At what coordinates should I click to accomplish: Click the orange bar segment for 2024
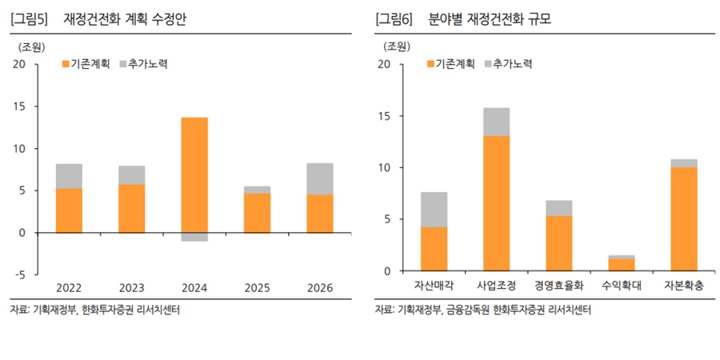194,174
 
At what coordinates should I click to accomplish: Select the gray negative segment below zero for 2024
194,237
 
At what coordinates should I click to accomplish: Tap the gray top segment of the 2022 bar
69,176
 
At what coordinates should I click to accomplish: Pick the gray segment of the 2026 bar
320,179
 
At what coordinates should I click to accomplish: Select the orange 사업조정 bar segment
497,203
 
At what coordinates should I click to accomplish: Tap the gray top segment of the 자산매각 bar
434,210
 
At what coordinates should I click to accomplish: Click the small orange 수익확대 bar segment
622,265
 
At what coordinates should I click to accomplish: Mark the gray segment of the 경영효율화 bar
559,208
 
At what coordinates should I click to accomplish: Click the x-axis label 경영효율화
559,286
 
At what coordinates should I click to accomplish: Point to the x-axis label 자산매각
434,286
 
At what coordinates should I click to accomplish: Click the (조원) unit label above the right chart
393,46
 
